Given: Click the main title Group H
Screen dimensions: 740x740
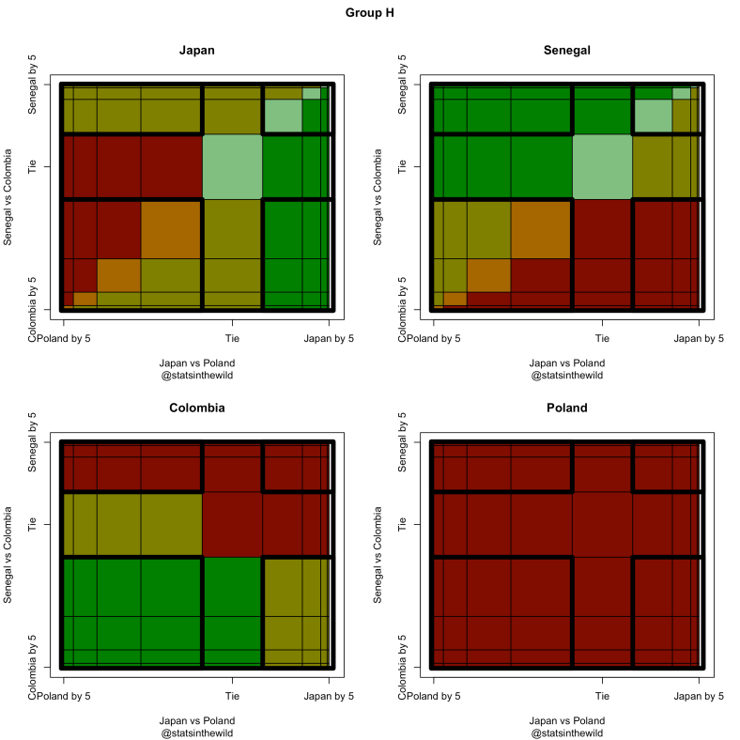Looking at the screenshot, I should pyautogui.click(x=370, y=13).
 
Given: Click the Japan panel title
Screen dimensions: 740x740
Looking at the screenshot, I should pyautogui.click(x=197, y=51).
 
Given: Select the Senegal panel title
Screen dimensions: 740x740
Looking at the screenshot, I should pyautogui.click(x=566, y=51).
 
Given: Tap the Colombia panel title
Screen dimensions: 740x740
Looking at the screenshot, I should pyautogui.click(x=197, y=408).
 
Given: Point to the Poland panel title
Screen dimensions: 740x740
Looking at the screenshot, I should pyautogui.click(x=566, y=408).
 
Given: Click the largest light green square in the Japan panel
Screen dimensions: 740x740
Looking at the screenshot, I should pyautogui.click(x=232, y=166).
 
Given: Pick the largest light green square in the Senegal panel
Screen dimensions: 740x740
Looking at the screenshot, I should pyautogui.click(x=602, y=166).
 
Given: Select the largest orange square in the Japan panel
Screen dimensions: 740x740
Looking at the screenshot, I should pyautogui.click(x=171, y=229).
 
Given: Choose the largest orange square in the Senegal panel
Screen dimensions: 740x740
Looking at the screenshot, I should pyautogui.click(x=541, y=229).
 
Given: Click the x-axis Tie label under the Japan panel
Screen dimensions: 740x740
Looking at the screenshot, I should pyautogui.click(x=232, y=338).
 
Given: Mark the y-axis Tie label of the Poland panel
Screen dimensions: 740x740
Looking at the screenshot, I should pyautogui.click(x=401, y=524).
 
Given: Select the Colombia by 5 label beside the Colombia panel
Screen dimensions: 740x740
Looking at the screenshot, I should pyautogui.click(x=32, y=667).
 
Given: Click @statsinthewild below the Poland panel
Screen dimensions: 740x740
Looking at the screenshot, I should pyautogui.click(x=566, y=732).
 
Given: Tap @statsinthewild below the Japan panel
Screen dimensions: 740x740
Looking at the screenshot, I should pyautogui.click(x=197, y=376).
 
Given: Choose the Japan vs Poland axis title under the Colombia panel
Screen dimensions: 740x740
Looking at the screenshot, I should pyautogui.click(x=197, y=719).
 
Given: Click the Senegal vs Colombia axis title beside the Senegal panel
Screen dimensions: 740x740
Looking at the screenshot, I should pyautogui.click(x=378, y=195).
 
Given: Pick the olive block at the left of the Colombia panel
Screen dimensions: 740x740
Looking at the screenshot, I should pyautogui.click(x=131, y=524).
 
